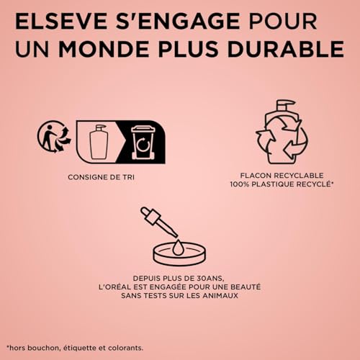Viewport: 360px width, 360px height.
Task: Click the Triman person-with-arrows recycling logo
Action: coord(55,136)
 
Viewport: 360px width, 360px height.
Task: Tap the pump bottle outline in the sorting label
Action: coord(99,142)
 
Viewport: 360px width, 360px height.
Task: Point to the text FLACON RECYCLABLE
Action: coord(282,175)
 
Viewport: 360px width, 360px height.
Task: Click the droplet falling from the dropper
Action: coord(178,247)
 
